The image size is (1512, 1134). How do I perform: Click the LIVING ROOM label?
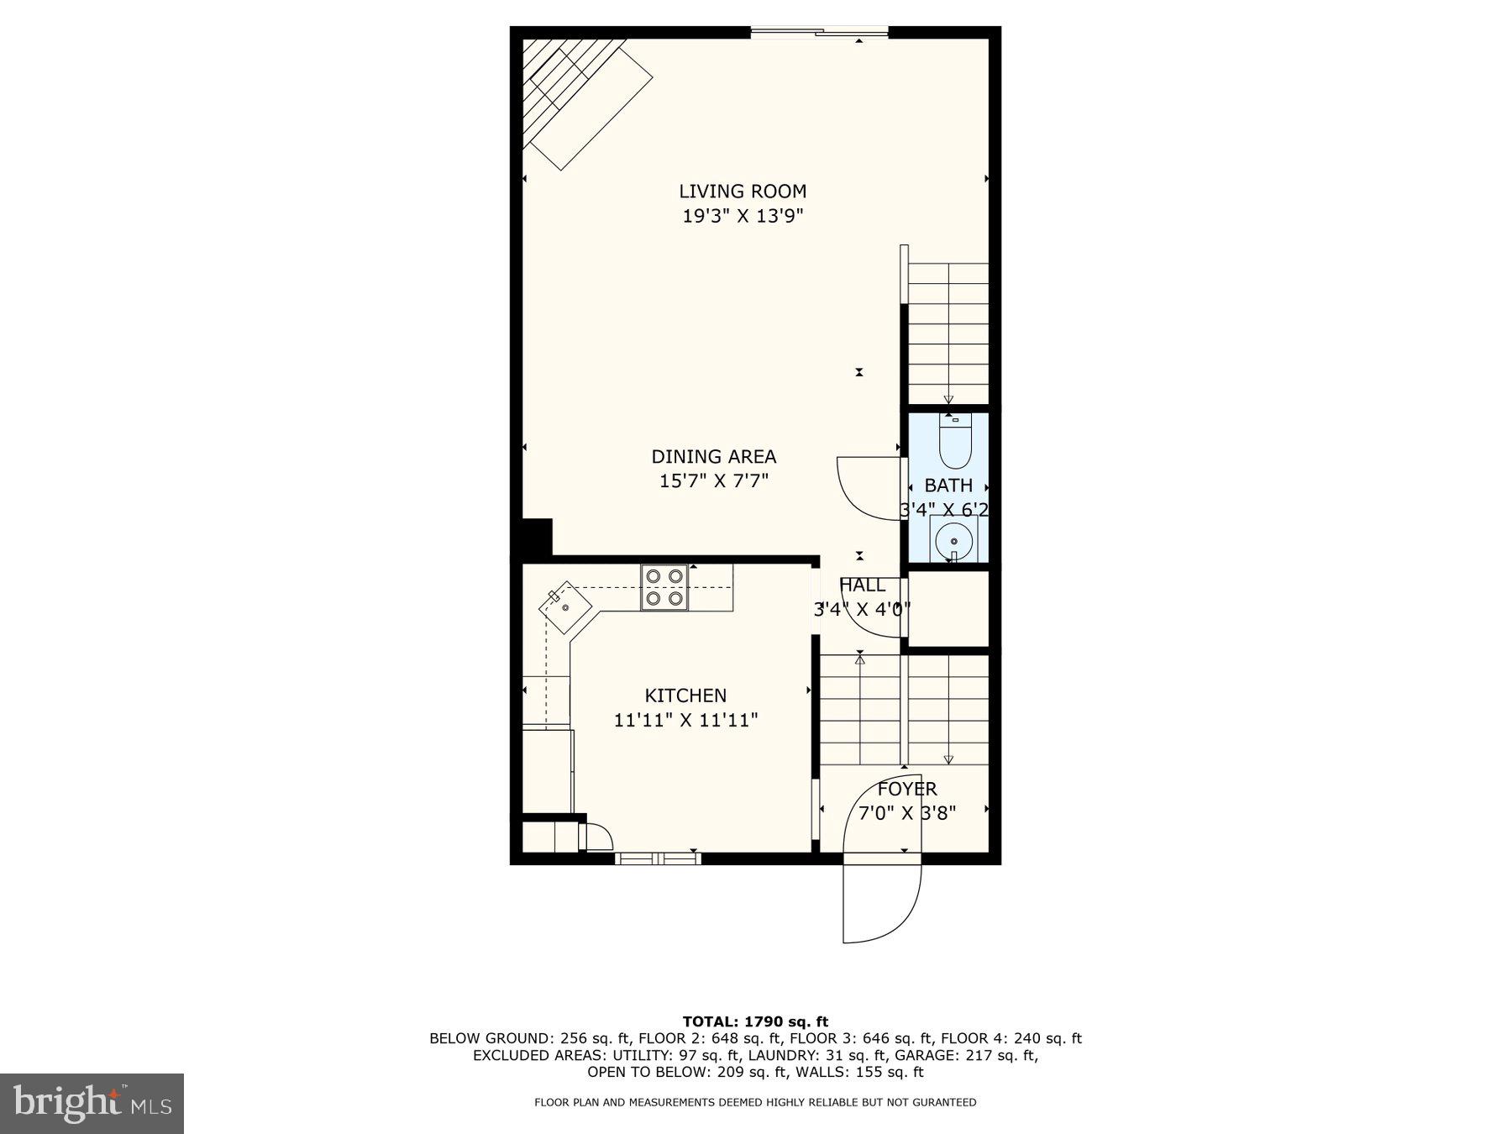pyautogui.click(x=743, y=192)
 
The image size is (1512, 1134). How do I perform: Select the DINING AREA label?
pyautogui.click(x=714, y=457)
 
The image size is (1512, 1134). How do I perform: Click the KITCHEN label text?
pyautogui.click(x=685, y=696)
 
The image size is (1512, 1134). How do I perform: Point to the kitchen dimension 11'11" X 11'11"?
pyautogui.click(x=685, y=721)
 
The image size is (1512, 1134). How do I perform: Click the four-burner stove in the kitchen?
pyautogui.click(x=664, y=587)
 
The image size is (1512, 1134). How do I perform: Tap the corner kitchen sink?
pyautogui.click(x=564, y=606)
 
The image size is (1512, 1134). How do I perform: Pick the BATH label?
pyautogui.click(x=948, y=486)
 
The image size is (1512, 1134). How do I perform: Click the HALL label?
pyautogui.click(x=862, y=585)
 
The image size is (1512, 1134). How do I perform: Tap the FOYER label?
pyautogui.click(x=907, y=790)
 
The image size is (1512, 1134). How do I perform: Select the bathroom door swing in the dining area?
pyautogui.click(x=865, y=487)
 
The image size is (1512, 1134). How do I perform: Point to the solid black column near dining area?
pyautogui.click(x=536, y=537)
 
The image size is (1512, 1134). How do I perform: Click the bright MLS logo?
pyautogui.click(x=92, y=1103)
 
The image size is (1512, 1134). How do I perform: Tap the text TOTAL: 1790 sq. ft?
pyautogui.click(x=755, y=1021)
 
